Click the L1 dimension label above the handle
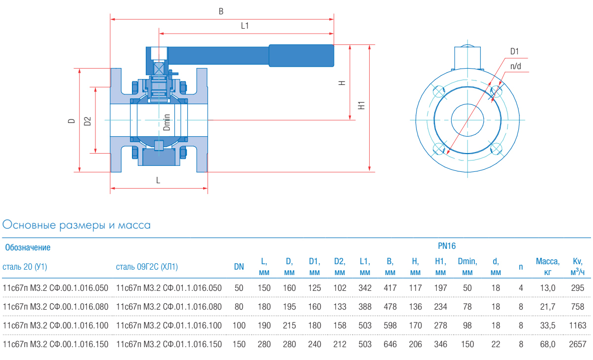(x=245, y=26)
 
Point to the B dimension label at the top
(x=221, y=10)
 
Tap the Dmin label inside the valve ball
(x=167, y=122)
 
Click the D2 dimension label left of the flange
(x=87, y=121)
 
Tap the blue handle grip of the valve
(x=301, y=55)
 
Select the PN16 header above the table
(x=447, y=245)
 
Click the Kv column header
(x=577, y=267)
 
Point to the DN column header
(x=239, y=267)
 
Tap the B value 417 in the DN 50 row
(x=390, y=287)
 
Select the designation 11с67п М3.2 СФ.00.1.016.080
(x=55, y=307)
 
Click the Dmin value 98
(x=467, y=325)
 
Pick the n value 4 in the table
(x=520, y=287)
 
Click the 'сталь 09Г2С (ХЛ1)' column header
(x=147, y=267)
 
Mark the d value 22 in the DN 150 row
(x=496, y=344)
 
